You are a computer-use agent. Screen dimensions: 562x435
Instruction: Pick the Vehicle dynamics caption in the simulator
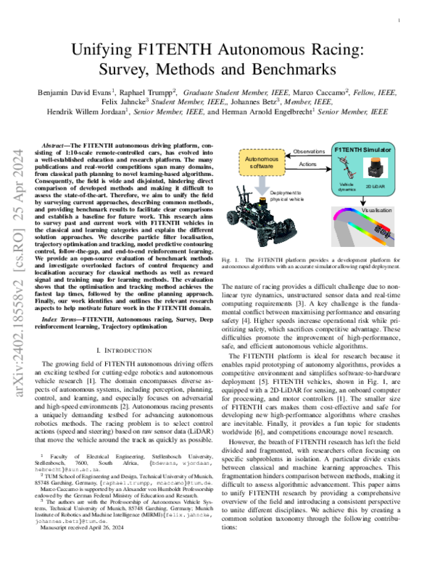[346, 186]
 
